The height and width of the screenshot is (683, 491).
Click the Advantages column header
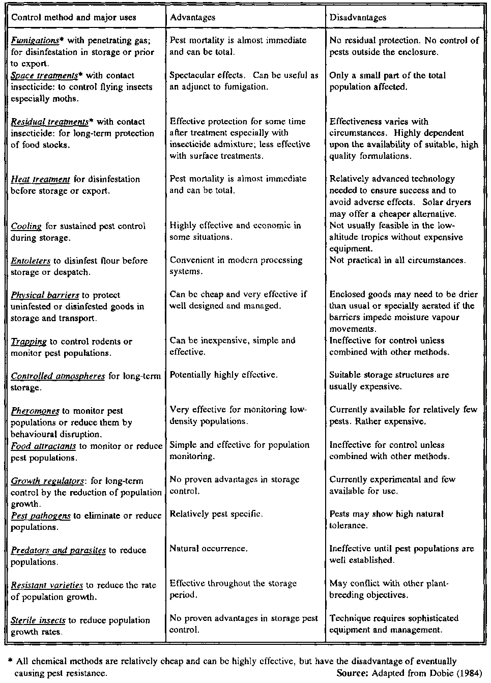click(x=192, y=17)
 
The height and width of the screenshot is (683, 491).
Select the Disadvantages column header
click(x=358, y=17)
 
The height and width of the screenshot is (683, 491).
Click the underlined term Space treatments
click(x=44, y=75)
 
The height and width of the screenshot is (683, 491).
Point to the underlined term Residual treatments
click(x=49, y=122)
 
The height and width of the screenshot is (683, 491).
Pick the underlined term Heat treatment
click(x=40, y=179)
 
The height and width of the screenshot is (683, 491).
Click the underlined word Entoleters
click(x=31, y=261)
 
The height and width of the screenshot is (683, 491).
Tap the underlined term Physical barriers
click(x=45, y=295)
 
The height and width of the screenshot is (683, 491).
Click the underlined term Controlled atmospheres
click(x=58, y=376)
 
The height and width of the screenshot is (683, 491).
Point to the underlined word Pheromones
click(x=35, y=411)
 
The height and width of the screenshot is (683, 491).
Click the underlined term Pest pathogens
click(x=41, y=516)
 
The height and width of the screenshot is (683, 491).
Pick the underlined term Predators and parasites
click(x=58, y=550)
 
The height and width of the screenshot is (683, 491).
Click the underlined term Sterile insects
click(x=38, y=620)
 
